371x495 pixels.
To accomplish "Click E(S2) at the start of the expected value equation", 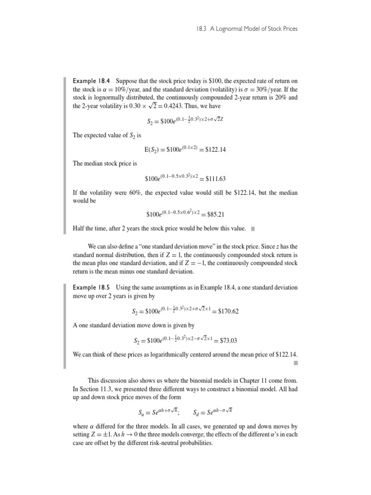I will click(154, 150).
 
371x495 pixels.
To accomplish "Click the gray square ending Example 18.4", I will click(253, 228).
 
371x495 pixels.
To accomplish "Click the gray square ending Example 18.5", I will click(295, 362).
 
